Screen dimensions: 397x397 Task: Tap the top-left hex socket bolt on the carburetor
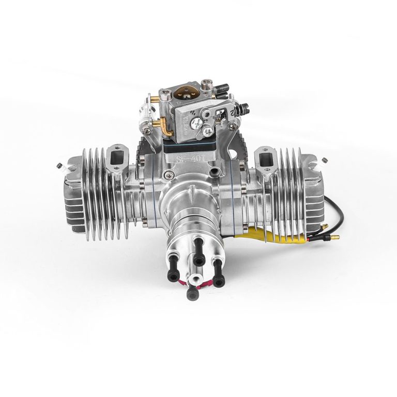point(165,94)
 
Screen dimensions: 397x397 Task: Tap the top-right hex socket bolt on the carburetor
point(207,83)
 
